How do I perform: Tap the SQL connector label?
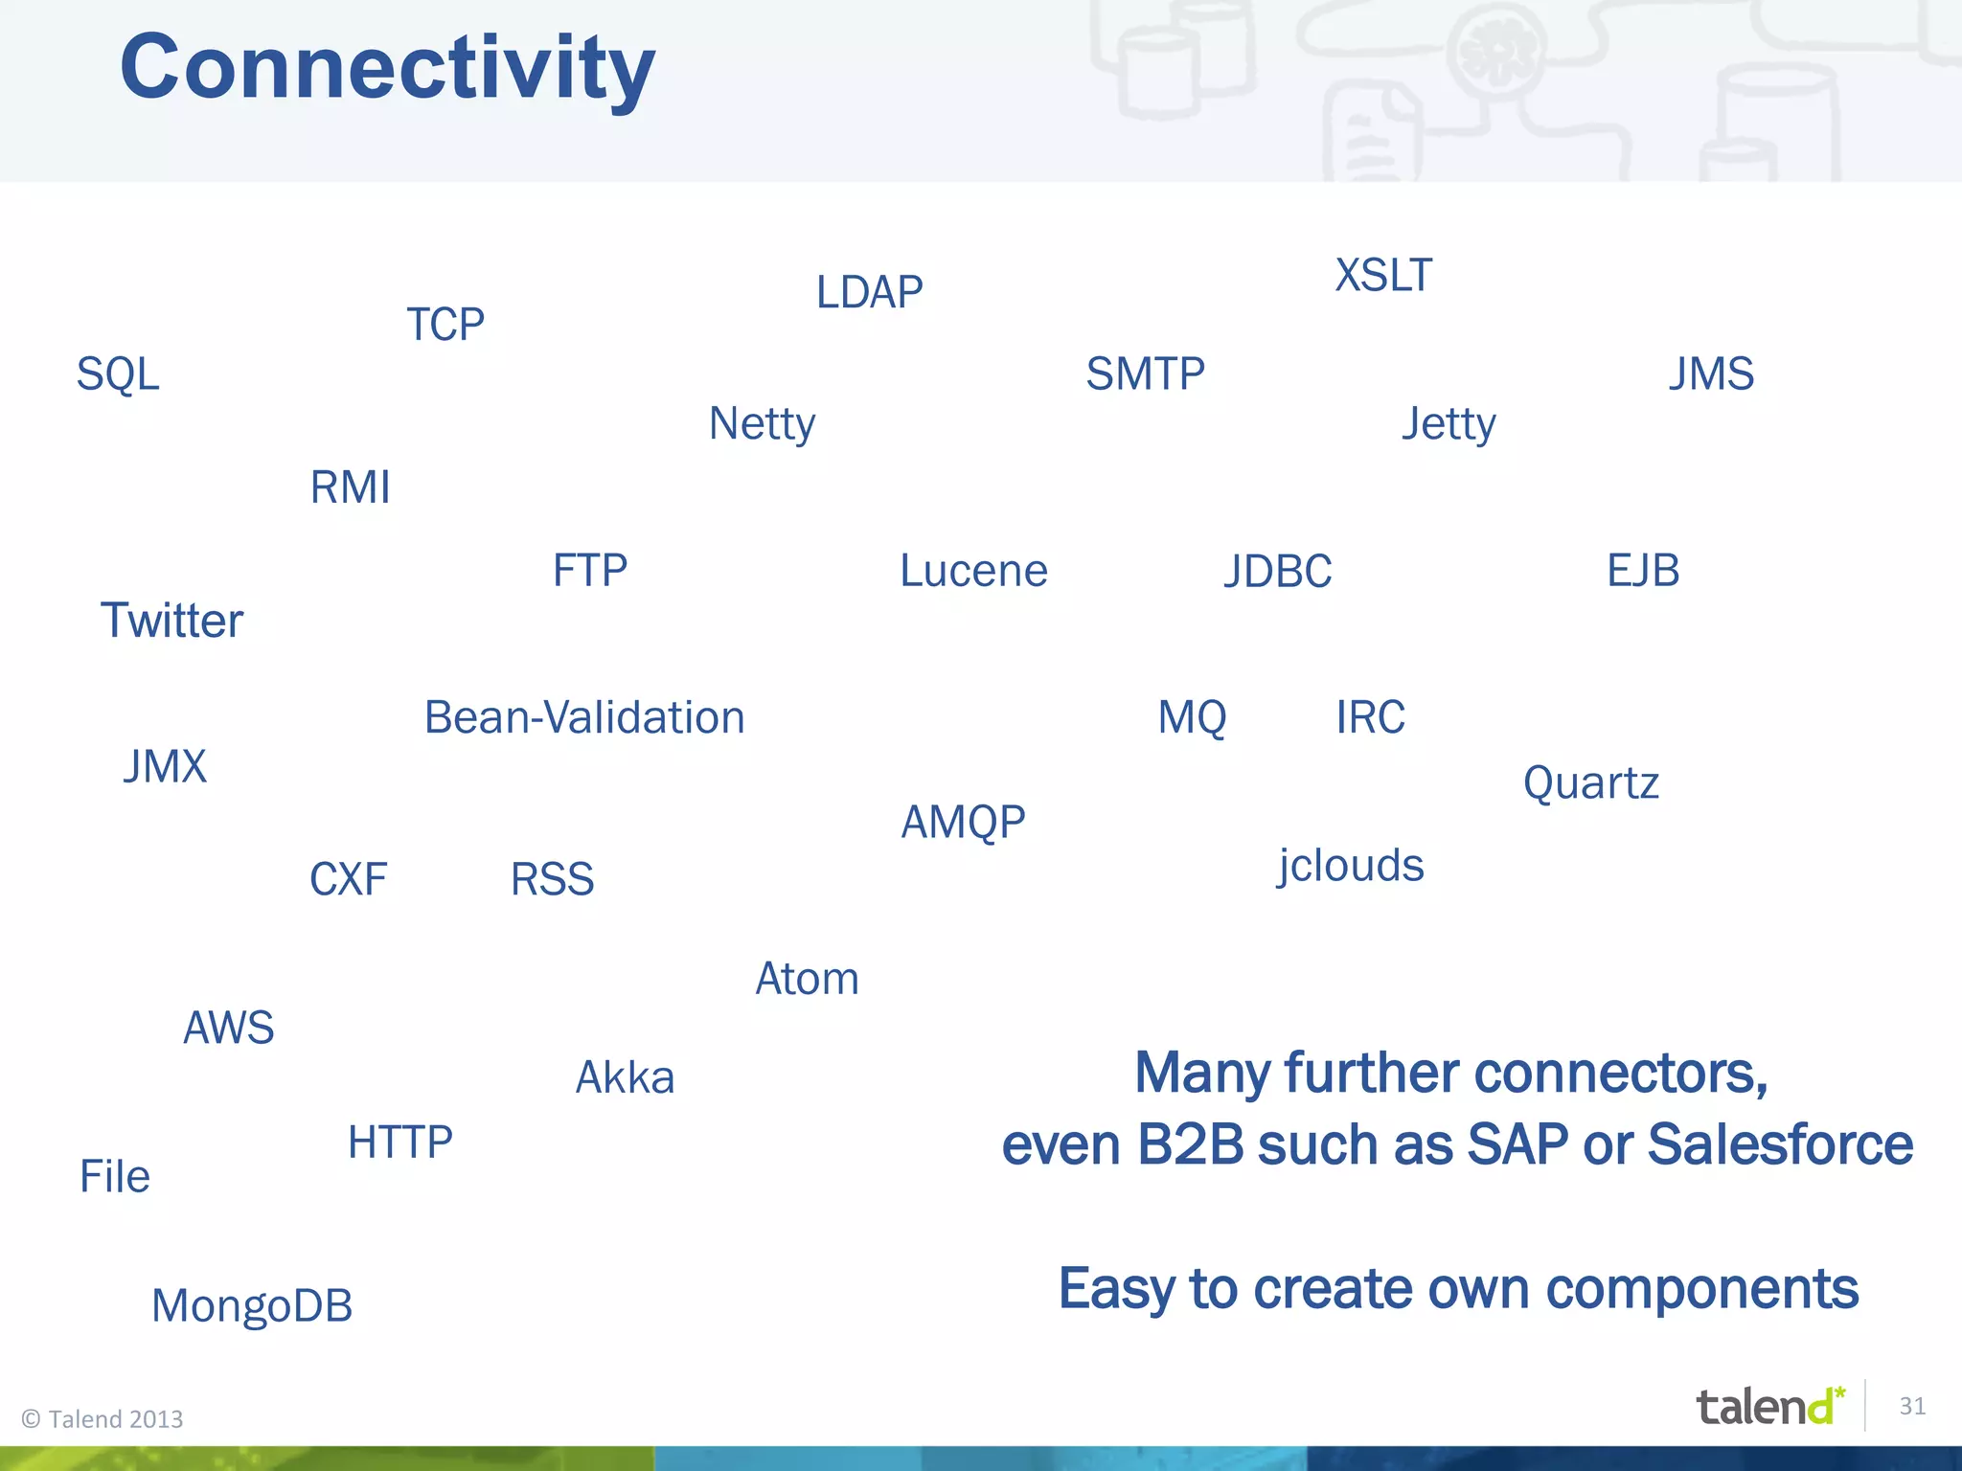[118, 373]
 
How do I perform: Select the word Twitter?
[171, 621]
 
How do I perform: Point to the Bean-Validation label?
[584, 717]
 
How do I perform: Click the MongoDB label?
[252, 1306]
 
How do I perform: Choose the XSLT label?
[1383, 276]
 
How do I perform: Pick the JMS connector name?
[1711, 373]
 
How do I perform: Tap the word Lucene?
[973, 571]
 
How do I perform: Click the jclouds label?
[1351, 866]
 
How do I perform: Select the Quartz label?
[1590, 783]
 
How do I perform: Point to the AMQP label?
[963, 822]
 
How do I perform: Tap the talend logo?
[1768, 1407]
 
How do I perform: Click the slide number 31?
[1912, 1406]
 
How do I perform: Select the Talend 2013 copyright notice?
[103, 1418]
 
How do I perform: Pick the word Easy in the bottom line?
[1116, 1289]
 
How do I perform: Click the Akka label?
[625, 1077]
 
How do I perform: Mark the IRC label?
[1370, 717]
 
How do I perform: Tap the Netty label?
[762, 423]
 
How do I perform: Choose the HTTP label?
[400, 1142]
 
